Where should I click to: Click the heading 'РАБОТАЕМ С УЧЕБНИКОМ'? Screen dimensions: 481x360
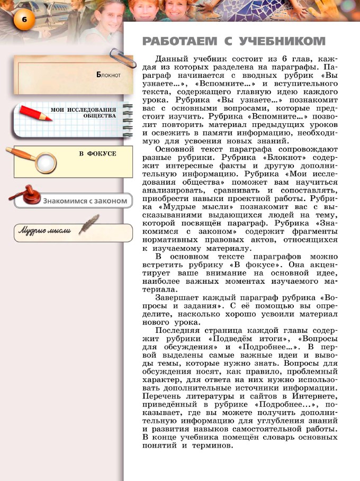coord(233,41)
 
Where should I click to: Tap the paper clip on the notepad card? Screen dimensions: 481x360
coord(116,55)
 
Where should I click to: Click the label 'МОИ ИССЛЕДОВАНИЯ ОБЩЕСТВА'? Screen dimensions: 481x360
coord(84,112)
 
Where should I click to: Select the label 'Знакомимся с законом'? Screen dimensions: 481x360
coord(86,201)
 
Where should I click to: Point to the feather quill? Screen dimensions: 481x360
coord(90,223)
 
